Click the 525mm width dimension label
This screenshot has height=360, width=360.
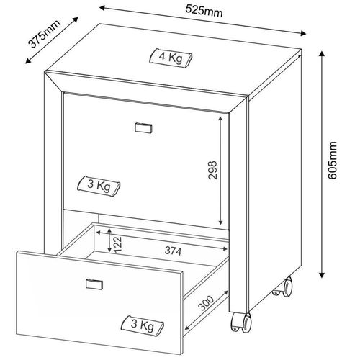204,11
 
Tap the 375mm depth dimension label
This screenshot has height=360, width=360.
44,34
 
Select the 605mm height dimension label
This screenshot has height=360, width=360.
333,161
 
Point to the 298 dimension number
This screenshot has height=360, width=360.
212,170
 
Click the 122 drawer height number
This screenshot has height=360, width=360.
118,244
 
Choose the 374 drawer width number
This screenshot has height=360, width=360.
173,251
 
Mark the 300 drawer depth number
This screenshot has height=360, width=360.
206,303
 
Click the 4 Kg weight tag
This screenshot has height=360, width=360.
171,58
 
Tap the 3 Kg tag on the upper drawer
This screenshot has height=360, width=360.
99,186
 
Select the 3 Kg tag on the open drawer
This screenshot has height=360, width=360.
143,325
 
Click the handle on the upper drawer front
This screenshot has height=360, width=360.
143,128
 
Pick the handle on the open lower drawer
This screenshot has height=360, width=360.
94,284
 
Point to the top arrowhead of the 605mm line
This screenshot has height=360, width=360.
322,53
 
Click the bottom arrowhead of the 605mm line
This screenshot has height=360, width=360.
322,275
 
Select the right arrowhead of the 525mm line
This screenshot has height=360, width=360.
303,33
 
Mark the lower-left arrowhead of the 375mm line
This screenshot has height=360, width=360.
28,61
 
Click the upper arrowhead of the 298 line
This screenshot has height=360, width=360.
220,120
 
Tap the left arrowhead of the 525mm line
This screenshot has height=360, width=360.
102,8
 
